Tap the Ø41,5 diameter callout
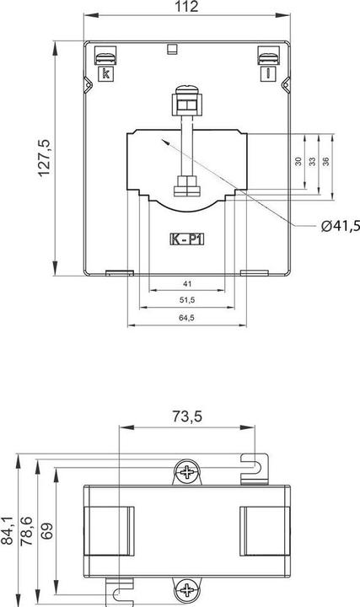(340, 225)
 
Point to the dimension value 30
(298, 161)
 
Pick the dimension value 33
(312, 161)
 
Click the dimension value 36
(326, 160)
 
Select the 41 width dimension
(187, 284)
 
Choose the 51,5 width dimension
(187, 300)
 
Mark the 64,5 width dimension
(187, 318)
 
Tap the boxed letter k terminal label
(106, 74)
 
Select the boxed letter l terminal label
(267, 74)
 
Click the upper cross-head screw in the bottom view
(186, 473)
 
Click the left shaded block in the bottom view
(110, 531)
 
